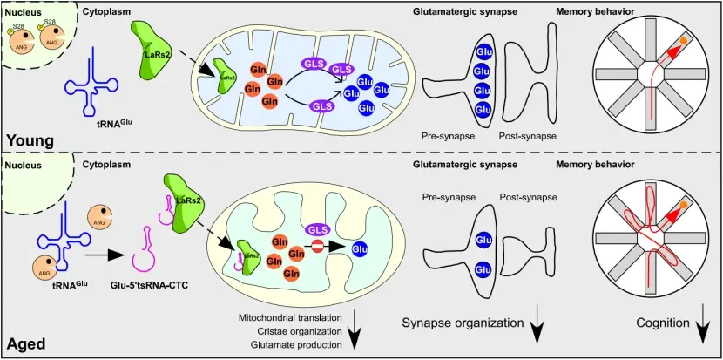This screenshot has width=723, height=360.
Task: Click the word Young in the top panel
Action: [x=30, y=139]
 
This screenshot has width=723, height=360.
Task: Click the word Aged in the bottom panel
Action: [x=25, y=343]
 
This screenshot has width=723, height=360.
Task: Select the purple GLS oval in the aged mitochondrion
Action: [x=317, y=229]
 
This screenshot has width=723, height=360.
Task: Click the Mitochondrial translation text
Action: [x=290, y=316]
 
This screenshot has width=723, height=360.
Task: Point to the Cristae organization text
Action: [x=301, y=331]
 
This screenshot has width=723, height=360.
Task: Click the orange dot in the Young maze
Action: [x=693, y=41]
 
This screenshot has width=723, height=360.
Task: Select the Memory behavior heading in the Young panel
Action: [x=595, y=11]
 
